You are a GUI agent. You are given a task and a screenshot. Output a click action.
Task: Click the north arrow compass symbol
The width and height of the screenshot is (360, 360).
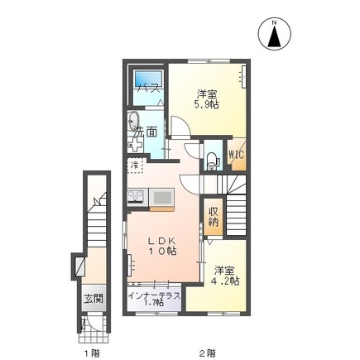pos(273,33)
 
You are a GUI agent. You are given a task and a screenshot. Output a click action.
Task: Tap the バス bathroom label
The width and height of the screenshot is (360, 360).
pos(149,89)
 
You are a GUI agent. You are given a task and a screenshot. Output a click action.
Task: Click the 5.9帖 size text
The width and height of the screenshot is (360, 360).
pos(207,105)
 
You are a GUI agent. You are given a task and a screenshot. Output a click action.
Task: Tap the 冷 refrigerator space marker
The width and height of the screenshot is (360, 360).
pos(134,166)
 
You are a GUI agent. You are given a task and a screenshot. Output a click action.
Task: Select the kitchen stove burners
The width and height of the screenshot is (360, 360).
pos(136,197)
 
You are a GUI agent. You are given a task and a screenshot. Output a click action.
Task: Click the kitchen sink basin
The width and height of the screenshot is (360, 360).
pos(161,197)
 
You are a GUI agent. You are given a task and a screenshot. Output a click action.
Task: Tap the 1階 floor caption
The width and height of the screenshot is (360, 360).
pos(91,352)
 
